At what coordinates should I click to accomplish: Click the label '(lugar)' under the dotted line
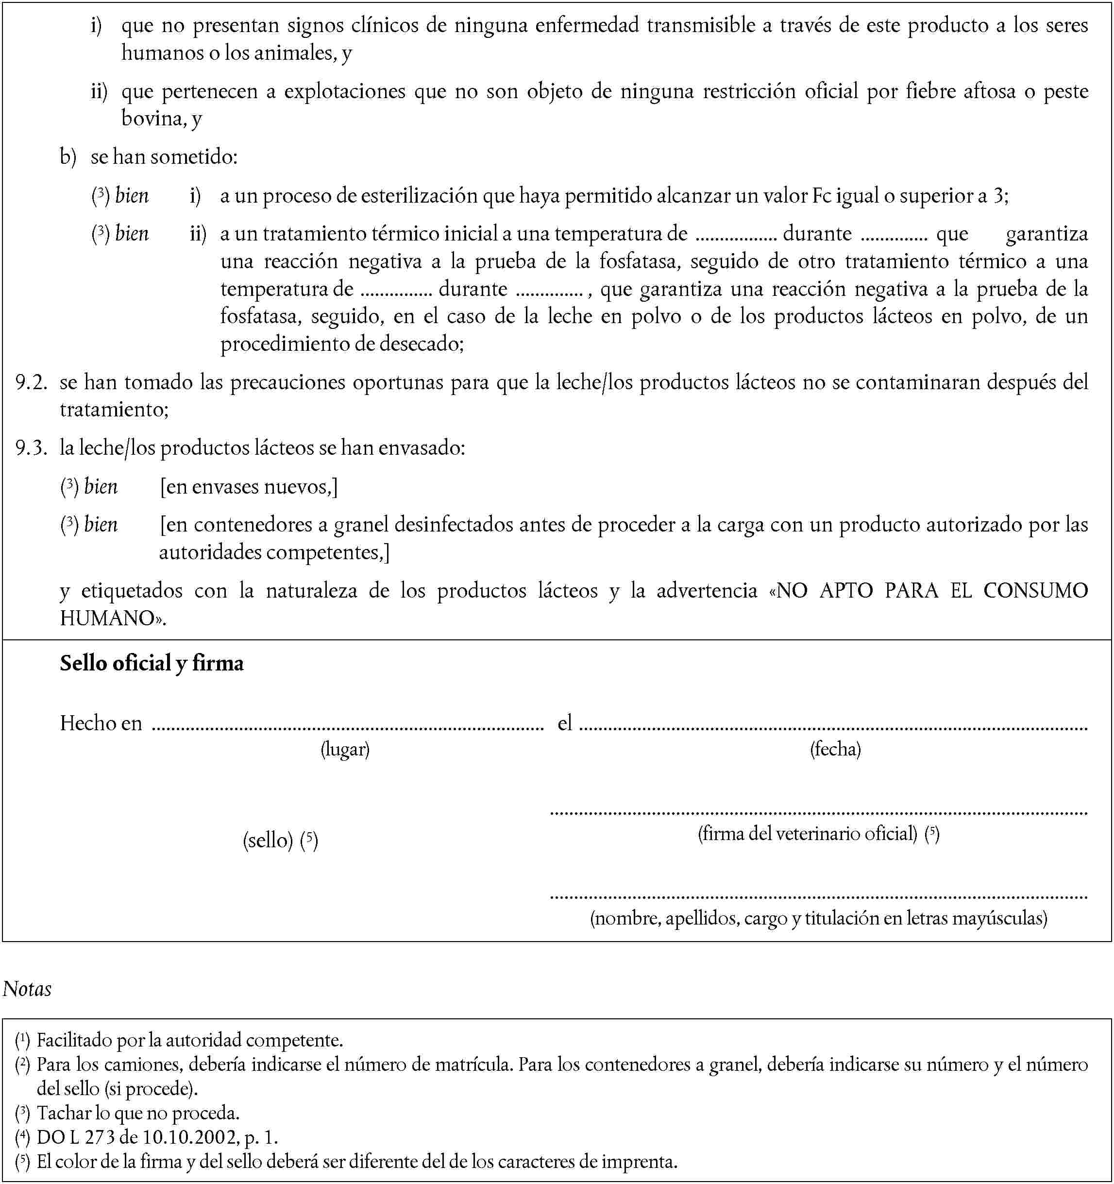(345, 749)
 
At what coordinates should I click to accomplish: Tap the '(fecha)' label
(835, 749)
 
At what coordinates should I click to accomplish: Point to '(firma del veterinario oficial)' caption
(808, 833)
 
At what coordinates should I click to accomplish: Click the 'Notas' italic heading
(27, 989)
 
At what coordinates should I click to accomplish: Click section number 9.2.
(31, 382)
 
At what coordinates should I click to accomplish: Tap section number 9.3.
(31, 448)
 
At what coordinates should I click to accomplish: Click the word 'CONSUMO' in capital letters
(1035, 590)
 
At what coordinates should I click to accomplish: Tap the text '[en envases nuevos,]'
(249, 487)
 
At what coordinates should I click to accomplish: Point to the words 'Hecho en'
(101, 723)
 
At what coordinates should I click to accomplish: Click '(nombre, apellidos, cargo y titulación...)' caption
(819, 918)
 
